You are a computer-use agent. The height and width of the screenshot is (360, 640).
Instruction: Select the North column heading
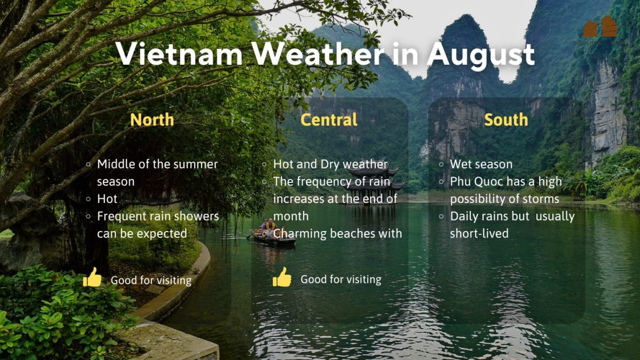coord(152,119)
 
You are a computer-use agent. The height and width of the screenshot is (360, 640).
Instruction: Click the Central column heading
coord(329,119)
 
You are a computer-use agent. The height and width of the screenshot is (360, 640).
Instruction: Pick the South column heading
coord(506,119)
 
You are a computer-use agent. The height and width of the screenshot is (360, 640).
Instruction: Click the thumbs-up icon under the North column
coord(92,278)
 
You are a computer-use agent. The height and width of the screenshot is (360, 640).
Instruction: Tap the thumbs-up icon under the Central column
coord(282,277)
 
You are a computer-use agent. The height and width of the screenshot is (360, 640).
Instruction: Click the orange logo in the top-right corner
coord(600,27)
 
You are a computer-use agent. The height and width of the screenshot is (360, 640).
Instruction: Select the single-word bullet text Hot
coord(107,199)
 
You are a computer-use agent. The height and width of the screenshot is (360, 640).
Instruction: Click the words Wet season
coord(481,165)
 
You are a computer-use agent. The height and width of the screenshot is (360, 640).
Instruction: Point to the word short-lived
coord(479,233)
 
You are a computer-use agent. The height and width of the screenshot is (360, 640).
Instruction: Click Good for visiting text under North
coord(151,280)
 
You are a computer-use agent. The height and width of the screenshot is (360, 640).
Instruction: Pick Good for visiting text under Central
coord(341,280)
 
